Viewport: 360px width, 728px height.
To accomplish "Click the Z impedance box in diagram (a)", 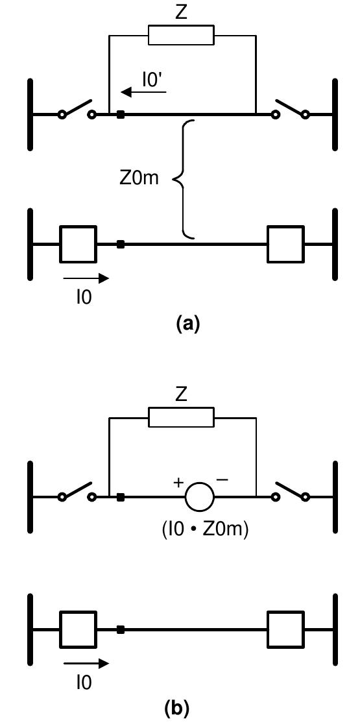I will click(x=181, y=35).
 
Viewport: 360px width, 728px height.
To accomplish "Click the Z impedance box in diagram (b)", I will click(x=181, y=417).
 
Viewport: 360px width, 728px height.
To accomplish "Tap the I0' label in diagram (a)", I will click(x=154, y=80).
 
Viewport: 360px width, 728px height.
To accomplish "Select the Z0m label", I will click(x=139, y=177).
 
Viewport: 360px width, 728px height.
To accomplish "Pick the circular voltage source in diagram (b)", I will click(x=199, y=498).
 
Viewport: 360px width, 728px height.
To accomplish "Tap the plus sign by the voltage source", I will click(x=177, y=483).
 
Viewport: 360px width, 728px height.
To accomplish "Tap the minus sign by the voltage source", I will click(x=222, y=480).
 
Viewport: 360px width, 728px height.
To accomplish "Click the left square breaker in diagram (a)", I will click(x=78, y=245).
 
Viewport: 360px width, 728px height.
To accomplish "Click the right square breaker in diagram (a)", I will click(x=285, y=245).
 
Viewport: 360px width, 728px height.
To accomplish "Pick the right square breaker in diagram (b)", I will click(x=285, y=629).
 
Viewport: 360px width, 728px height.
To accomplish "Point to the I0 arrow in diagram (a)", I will click(x=86, y=279).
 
